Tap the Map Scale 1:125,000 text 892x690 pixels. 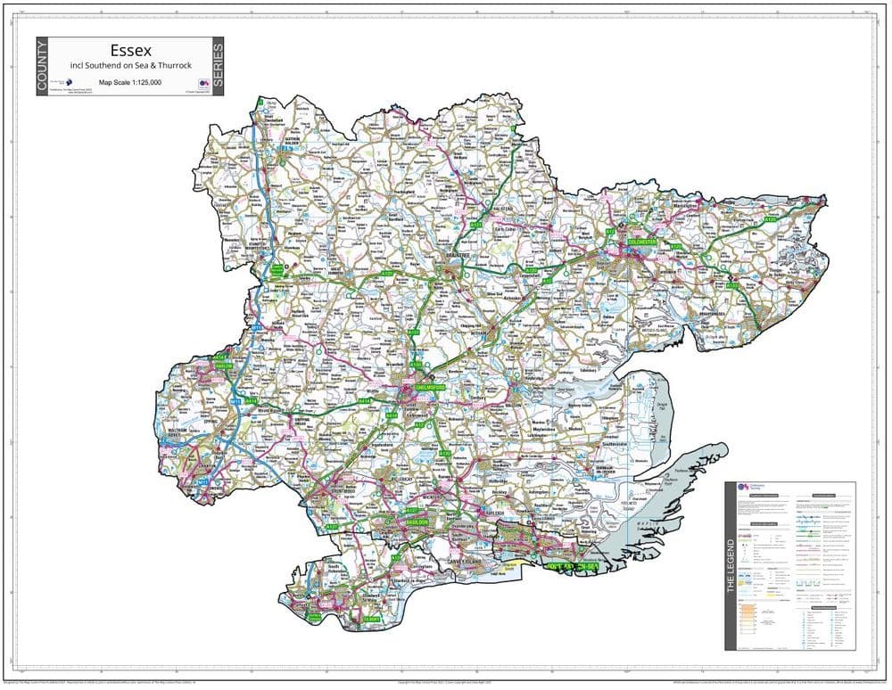coord(129,82)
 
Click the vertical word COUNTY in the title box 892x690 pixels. coord(43,67)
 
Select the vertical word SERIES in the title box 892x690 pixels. coord(217,67)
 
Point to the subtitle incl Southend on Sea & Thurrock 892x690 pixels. coord(129,67)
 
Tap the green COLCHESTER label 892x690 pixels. coord(642,242)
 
